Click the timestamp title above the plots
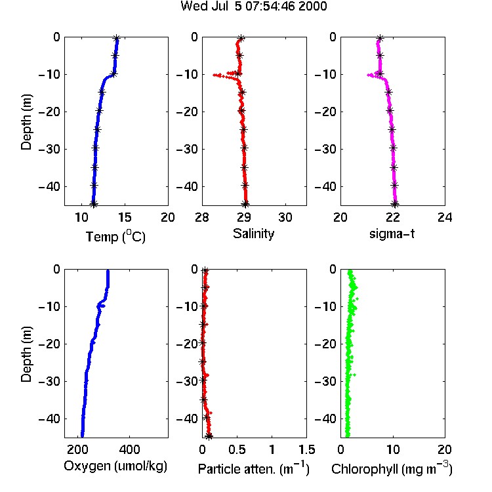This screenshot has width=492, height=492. click(x=253, y=6)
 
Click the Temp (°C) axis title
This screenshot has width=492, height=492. click(x=115, y=236)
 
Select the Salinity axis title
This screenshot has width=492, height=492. click(x=253, y=234)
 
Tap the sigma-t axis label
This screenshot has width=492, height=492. click(x=392, y=234)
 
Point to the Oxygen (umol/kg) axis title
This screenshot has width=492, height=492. click(x=115, y=466)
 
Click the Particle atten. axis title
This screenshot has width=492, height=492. click(x=253, y=468)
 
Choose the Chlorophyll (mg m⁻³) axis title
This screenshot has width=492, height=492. click(x=392, y=468)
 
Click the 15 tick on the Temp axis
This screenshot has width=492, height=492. click(x=125, y=217)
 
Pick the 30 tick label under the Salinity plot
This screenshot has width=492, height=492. click(x=285, y=217)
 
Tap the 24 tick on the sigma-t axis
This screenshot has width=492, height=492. click(x=445, y=217)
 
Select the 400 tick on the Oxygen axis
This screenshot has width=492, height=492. click(x=130, y=449)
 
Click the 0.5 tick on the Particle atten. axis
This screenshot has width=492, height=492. click(x=237, y=449)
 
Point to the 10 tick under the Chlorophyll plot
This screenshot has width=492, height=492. click(x=393, y=449)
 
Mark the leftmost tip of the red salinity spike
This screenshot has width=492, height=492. click(x=214, y=75)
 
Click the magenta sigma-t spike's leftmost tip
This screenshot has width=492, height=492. click(x=368, y=75)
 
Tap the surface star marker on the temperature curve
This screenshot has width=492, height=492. click(x=117, y=39)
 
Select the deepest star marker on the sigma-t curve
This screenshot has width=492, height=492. click(x=396, y=204)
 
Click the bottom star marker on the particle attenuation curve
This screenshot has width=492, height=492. click(x=209, y=436)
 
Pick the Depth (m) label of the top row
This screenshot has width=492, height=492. click(x=26, y=122)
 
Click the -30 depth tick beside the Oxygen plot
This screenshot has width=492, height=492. click(x=49, y=381)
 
